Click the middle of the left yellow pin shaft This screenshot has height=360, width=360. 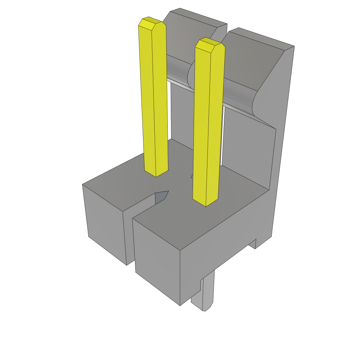pyautogui.click(x=154, y=98)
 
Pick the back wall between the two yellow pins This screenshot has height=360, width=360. pyautogui.click(x=181, y=116)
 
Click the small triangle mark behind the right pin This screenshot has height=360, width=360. pyautogui.click(x=192, y=175)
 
